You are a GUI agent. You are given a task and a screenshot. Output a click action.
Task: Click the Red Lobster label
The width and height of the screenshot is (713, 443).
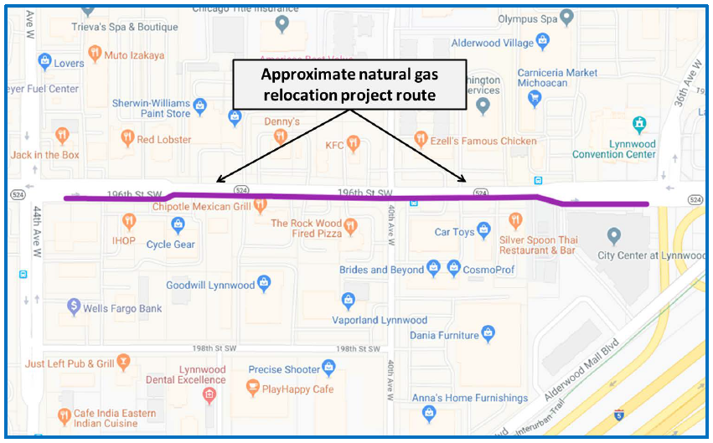164,139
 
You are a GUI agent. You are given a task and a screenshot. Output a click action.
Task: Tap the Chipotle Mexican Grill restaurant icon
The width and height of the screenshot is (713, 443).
260,204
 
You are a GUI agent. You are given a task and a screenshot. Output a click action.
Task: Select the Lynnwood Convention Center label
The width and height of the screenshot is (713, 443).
614,149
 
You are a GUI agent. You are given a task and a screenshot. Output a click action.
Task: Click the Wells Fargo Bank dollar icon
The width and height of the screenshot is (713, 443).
74,307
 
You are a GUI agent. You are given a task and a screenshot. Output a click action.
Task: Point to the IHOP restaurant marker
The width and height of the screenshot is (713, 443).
128,222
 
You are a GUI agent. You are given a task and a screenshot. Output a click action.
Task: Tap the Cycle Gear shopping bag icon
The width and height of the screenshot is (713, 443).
178,225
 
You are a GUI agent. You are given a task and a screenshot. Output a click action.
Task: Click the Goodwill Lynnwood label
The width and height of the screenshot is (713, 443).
210,285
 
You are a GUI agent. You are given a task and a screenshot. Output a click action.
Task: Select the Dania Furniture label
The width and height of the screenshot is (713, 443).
444,335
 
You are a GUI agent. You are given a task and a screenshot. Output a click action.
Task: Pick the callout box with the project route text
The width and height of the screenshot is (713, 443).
349,85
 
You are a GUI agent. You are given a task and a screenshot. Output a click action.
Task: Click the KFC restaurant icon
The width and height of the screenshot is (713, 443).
354,144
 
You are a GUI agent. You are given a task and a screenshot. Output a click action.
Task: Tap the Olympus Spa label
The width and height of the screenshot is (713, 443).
528,18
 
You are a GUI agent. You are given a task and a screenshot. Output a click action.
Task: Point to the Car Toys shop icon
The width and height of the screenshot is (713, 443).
484,231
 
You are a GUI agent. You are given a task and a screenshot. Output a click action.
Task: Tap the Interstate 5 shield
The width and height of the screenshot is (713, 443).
617,413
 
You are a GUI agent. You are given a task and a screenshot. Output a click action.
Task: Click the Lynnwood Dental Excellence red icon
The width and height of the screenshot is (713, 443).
209,394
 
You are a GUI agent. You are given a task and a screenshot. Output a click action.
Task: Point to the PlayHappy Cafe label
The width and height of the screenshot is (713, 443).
297,389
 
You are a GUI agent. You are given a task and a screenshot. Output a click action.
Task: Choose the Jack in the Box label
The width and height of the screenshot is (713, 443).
45,155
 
